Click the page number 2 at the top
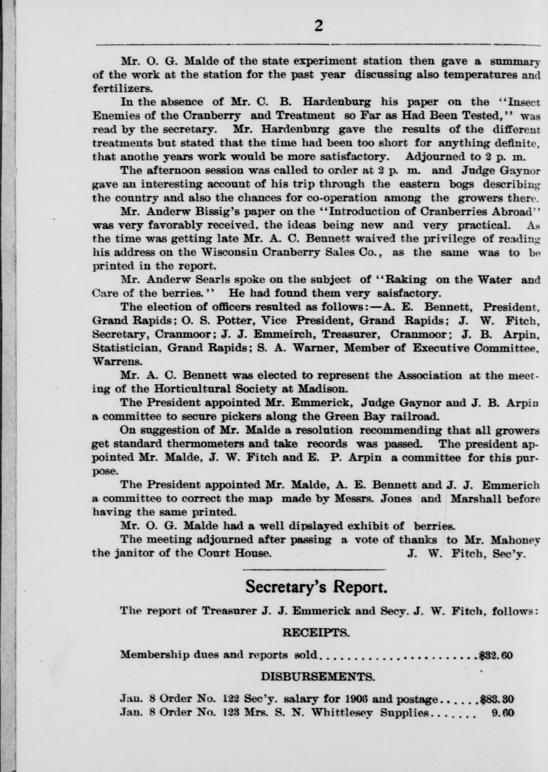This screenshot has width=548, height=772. click(319, 26)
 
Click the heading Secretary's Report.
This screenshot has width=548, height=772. click(316, 588)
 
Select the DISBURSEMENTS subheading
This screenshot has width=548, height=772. click(318, 677)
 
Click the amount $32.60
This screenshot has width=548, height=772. click(497, 655)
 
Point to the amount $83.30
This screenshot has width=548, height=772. click(497, 699)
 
